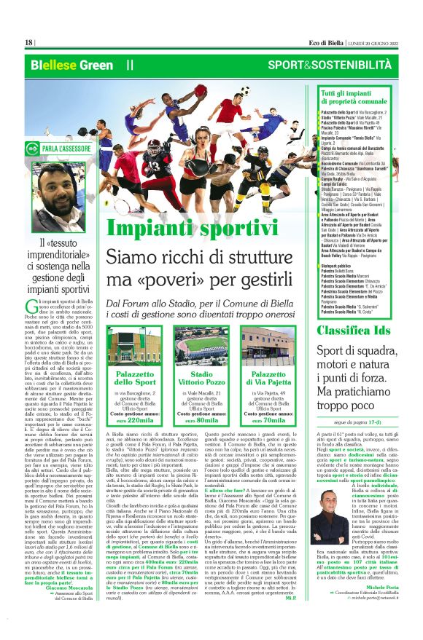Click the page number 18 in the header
(x=29, y=42)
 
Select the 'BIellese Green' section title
(x=72, y=65)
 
